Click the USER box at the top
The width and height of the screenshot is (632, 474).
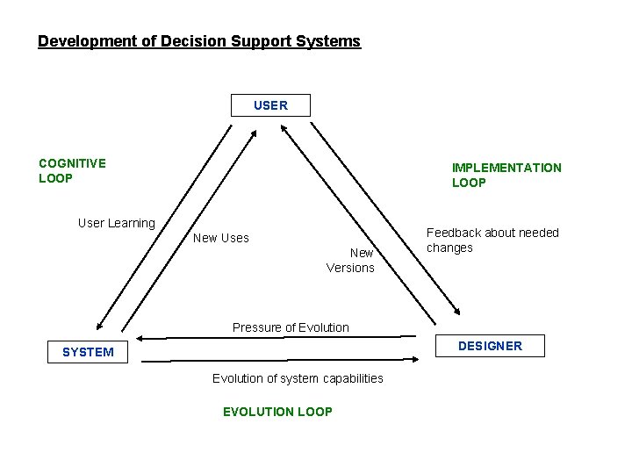270,105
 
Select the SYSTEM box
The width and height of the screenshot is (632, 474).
88,352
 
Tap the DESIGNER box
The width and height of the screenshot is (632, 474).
490,346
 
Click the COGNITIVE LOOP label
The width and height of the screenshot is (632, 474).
72,170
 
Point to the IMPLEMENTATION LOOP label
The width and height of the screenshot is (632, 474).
506,175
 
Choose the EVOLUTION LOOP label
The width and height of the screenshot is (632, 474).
277,412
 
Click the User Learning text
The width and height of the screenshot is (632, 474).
116,223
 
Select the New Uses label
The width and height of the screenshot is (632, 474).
221,238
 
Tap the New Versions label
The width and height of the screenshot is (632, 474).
351,260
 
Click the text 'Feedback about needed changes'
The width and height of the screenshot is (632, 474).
492,240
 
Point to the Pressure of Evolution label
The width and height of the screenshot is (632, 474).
291,327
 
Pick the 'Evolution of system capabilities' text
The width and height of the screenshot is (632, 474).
298,378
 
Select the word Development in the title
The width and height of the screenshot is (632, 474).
80,41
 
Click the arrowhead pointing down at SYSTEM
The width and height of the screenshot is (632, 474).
99,326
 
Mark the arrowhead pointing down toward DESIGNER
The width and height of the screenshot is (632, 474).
456,310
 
